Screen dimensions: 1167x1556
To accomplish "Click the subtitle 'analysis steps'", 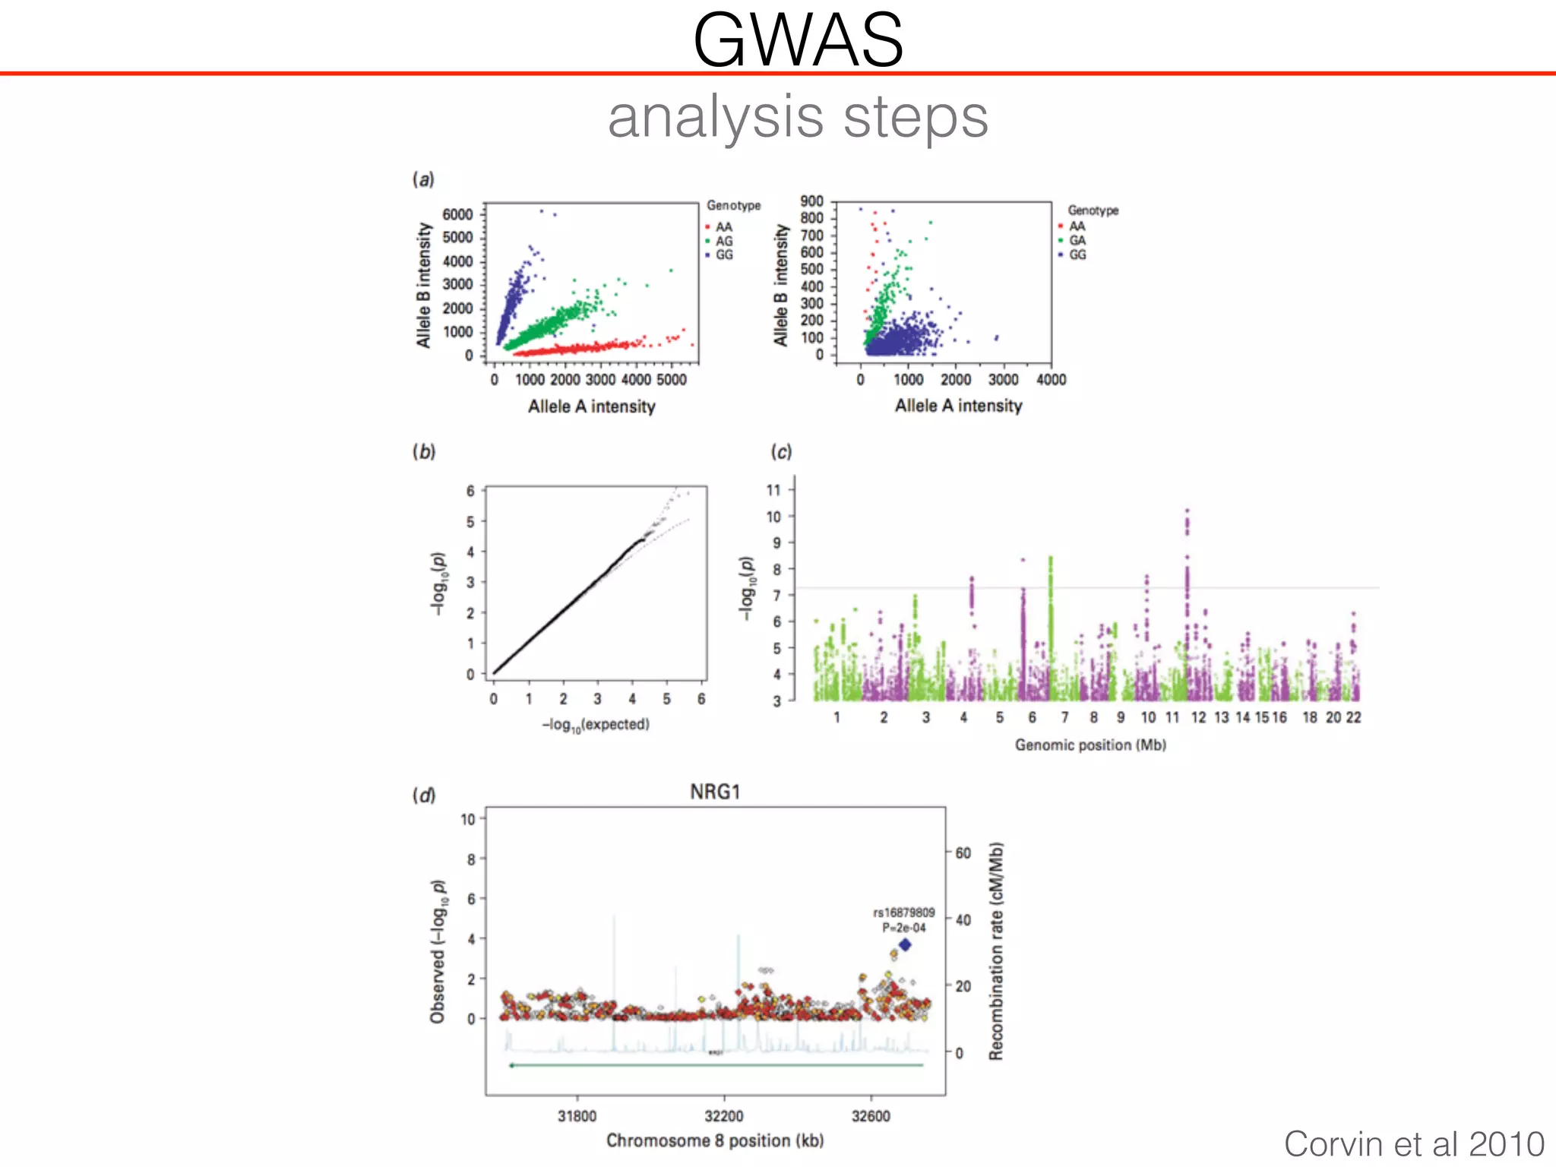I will (798, 118).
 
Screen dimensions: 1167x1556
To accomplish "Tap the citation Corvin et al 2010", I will (1414, 1143).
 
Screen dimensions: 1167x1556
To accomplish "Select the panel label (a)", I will (423, 179).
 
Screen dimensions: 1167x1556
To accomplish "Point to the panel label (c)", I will (781, 451).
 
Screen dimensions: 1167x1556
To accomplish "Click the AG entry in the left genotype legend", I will (723, 241).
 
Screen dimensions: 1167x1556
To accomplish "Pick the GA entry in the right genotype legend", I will (1077, 240).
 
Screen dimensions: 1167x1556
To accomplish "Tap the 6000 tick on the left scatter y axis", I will (457, 214).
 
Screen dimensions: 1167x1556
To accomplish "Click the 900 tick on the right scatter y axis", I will (811, 201).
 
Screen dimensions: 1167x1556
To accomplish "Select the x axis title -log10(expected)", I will (596, 725).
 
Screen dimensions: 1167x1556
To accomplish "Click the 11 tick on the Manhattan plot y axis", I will (773, 490).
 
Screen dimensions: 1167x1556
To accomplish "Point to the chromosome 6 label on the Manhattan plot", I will (1032, 717).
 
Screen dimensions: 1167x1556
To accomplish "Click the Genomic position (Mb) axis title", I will (1090, 745).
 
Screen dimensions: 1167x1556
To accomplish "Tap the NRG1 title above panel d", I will (714, 792).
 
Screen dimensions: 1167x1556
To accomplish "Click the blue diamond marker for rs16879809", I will (905, 945).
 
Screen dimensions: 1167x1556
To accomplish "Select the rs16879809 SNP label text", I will (903, 912).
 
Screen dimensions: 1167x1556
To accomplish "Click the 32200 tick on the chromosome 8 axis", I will (723, 1116).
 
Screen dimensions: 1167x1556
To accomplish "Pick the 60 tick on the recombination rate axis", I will (963, 853).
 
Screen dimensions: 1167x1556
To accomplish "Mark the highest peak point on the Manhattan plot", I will (1187, 511).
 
